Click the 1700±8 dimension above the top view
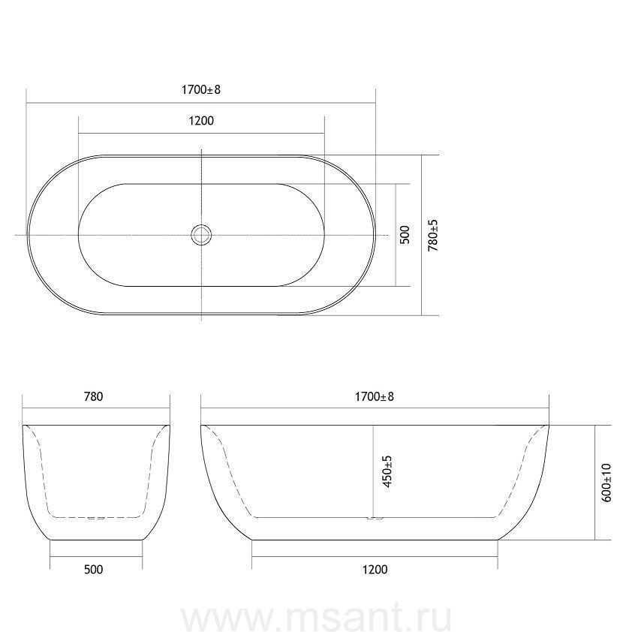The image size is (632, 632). pos(201,89)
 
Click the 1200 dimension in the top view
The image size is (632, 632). pos(201,121)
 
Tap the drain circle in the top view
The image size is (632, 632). pos(201,235)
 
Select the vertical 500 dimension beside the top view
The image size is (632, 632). pos(405,235)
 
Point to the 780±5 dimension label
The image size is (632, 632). pos(432,236)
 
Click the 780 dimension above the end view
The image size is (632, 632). pos(93,396)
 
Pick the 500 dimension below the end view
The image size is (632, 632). pos(94,569)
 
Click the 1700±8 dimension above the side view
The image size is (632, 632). pos(374,396)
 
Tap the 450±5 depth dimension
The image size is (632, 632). pos(387,471)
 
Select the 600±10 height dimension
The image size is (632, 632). pos(606,483)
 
